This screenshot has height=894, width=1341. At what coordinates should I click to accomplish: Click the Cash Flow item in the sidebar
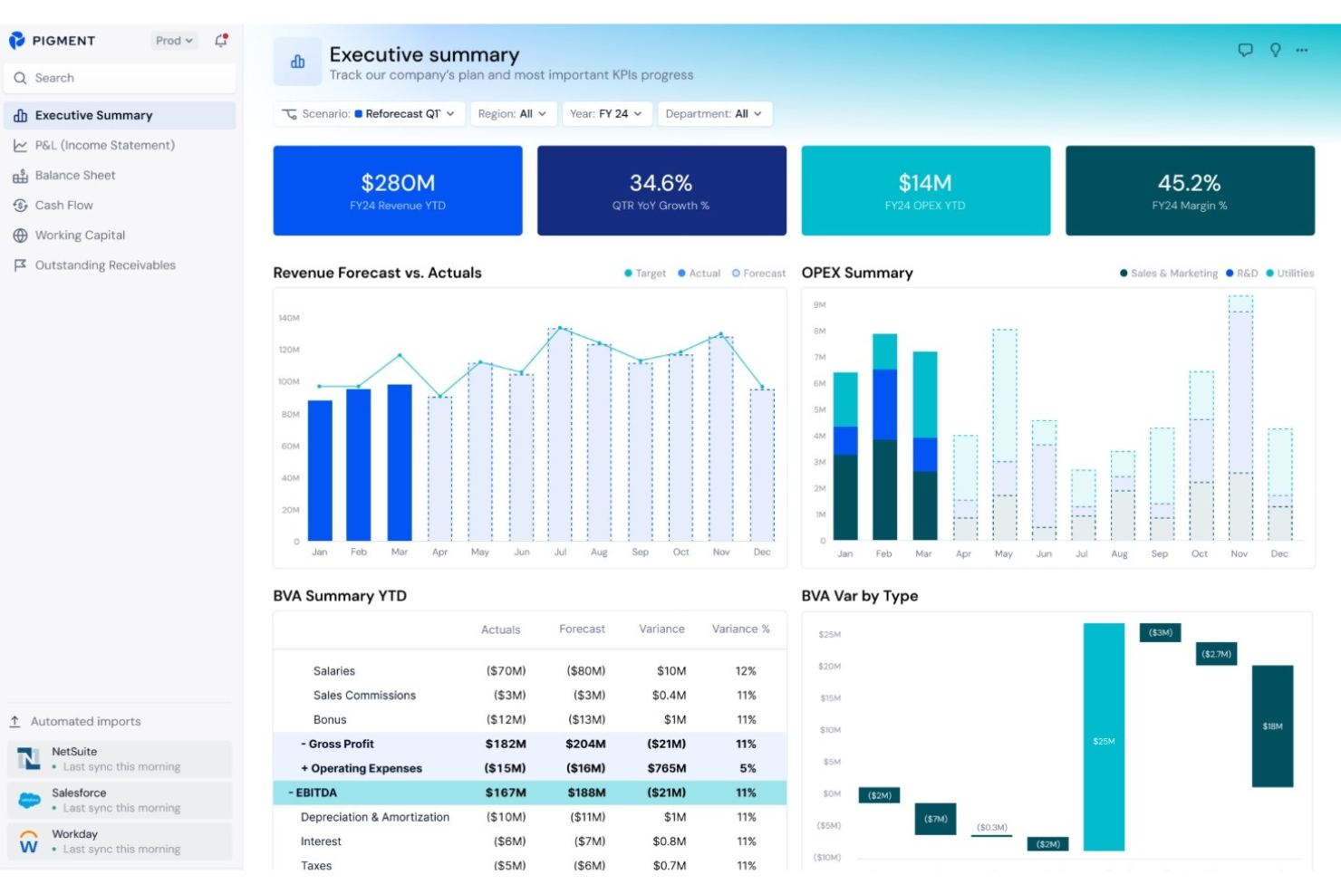point(63,206)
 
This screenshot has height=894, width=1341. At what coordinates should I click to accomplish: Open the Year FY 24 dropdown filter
point(606,114)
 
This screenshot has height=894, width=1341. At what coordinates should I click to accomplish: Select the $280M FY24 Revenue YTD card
point(398,191)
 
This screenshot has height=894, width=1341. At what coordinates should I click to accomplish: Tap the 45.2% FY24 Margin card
point(1189,191)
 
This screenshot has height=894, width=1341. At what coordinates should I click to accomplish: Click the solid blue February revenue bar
point(359,465)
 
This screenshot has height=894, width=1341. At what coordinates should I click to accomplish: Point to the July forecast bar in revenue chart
point(560,435)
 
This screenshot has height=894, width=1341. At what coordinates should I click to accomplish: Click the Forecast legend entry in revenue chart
point(759,274)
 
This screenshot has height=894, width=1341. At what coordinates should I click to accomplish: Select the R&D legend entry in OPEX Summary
point(1242,274)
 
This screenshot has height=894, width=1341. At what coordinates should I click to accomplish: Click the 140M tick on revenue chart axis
point(289,318)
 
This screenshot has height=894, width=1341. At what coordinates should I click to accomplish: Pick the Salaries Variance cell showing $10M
point(671,671)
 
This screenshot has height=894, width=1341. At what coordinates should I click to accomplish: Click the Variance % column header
point(740,630)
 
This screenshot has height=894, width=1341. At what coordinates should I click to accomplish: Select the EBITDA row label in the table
point(316,793)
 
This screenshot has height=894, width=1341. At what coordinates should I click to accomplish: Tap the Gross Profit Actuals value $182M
point(506,745)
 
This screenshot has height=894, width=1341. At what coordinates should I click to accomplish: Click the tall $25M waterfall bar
point(1104,735)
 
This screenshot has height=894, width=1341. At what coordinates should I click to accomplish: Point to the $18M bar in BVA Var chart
point(1272,726)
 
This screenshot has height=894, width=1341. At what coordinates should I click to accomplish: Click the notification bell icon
point(221,41)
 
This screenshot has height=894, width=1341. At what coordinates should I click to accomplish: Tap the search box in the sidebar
point(120,79)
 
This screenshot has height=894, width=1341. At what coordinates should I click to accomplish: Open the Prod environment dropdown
point(173,41)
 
